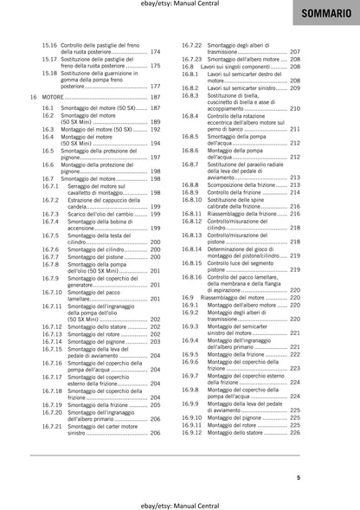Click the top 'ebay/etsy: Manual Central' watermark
[x=180, y=5]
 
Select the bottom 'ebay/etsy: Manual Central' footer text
[x=180, y=501]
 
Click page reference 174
[x=156, y=51]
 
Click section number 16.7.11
[x=53, y=307]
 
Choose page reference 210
[x=294, y=109]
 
